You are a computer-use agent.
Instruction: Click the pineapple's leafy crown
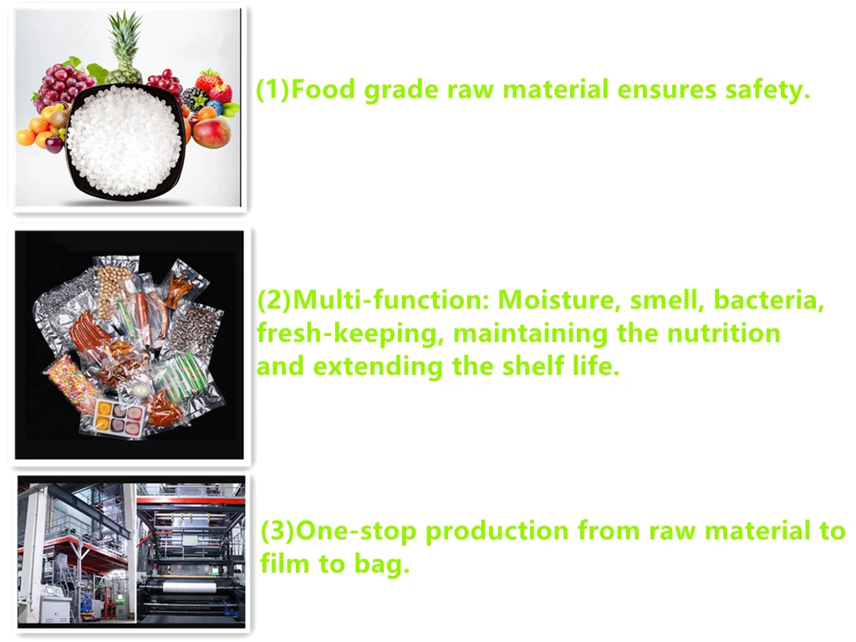pyautogui.click(x=125, y=38)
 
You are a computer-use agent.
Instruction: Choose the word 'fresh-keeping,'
pyautogui.click(x=350, y=334)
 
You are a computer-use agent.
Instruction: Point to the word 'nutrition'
pyautogui.click(x=724, y=334)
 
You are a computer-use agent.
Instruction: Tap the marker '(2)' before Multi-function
pyautogui.click(x=274, y=300)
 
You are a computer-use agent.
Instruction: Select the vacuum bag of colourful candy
pyautogui.click(x=71, y=382)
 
